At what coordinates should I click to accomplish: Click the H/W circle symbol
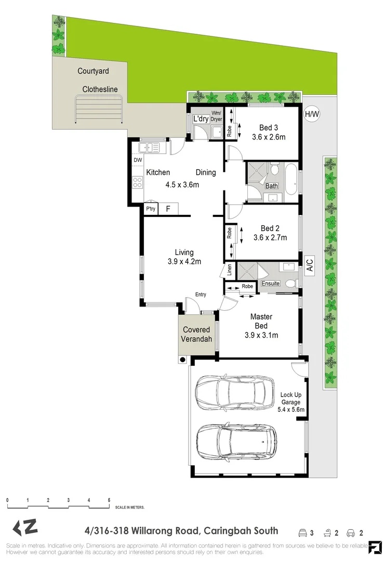tap(311, 114)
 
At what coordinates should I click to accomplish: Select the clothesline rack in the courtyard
tap(99, 111)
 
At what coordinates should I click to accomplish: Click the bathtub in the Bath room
tap(291, 179)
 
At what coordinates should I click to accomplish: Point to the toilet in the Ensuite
tap(292, 283)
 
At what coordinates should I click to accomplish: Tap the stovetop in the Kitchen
tap(138, 182)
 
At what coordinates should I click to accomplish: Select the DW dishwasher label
tap(138, 160)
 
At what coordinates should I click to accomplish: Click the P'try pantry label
tap(151, 209)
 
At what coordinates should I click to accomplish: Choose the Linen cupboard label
tap(229, 270)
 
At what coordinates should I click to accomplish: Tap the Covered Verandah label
tap(196, 334)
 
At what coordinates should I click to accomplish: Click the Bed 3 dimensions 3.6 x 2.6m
tap(269, 137)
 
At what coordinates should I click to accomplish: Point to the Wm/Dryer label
tap(216, 117)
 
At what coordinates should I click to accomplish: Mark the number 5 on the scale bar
tap(109, 500)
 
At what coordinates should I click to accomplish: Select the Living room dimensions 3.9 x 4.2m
tap(184, 262)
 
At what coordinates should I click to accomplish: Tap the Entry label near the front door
tap(201, 295)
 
